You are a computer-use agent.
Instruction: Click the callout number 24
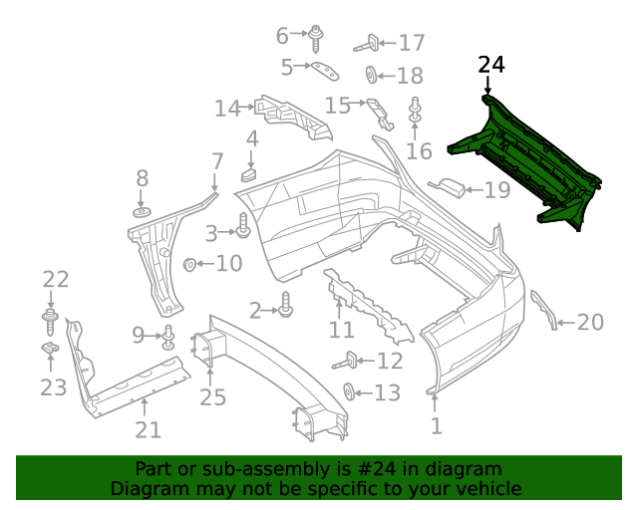click(x=491, y=66)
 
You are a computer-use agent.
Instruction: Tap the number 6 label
click(x=282, y=36)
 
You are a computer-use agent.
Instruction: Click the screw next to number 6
click(x=315, y=38)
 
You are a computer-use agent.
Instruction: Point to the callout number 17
click(x=411, y=43)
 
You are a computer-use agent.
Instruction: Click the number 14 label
click(x=227, y=108)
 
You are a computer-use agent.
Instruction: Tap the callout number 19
click(x=496, y=189)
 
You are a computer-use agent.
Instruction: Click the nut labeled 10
click(x=188, y=264)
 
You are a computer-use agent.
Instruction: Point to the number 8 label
click(x=143, y=179)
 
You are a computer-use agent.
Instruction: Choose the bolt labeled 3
click(x=242, y=230)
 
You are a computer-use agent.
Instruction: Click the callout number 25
click(x=212, y=397)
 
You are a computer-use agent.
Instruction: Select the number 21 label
click(x=148, y=430)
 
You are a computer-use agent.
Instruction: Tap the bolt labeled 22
click(x=50, y=318)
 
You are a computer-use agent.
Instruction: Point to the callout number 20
click(x=590, y=322)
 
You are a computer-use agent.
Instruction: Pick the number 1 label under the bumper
click(x=436, y=426)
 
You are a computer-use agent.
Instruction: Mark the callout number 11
click(x=341, y=330)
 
